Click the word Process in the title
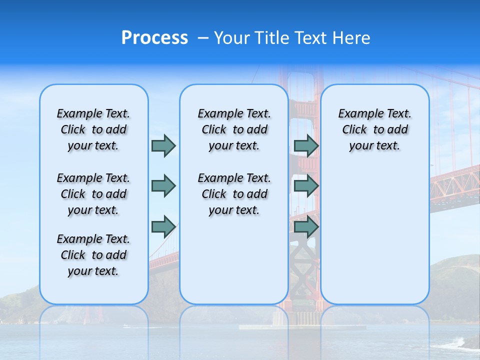pos(154,37)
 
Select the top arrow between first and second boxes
pos(163,145)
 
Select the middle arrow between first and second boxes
pos(163,186)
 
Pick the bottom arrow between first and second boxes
pos(163,226)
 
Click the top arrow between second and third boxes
pos(306,145)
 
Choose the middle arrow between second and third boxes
pos(306,186)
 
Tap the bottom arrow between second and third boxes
pos(306,226)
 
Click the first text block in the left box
pos(93,129)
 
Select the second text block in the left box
pos(93,194)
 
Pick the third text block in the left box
pos(93,255)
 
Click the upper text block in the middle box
pos(234,129)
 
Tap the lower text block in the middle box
pos(234,194)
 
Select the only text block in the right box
pos(374,129)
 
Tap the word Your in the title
pos(232,38)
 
